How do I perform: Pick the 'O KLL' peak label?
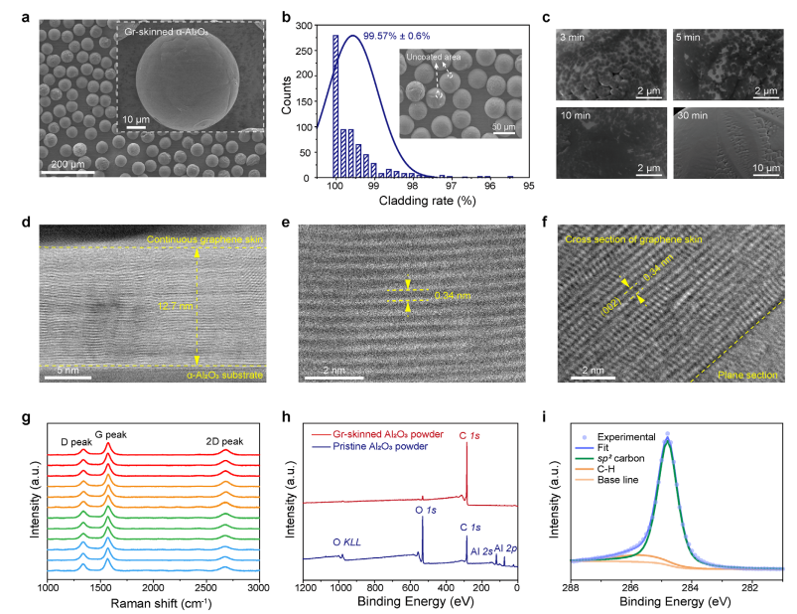pos(348,541)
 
